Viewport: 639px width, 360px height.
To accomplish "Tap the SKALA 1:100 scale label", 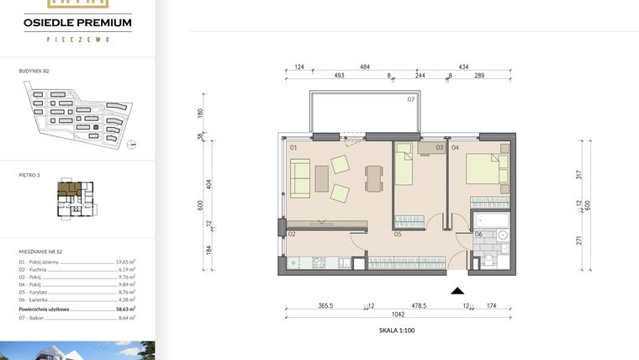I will pos(396,331).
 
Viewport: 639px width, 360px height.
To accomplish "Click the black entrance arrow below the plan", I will pos(457,291).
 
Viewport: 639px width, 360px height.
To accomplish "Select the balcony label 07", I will pos(411,100).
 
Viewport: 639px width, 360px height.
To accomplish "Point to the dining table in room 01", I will pos(372,177).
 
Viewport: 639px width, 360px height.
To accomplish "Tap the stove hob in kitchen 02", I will pos(319,262).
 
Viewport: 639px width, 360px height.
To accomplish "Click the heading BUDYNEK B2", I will pos(34,72).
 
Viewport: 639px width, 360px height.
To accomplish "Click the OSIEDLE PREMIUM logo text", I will pos(77,23).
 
